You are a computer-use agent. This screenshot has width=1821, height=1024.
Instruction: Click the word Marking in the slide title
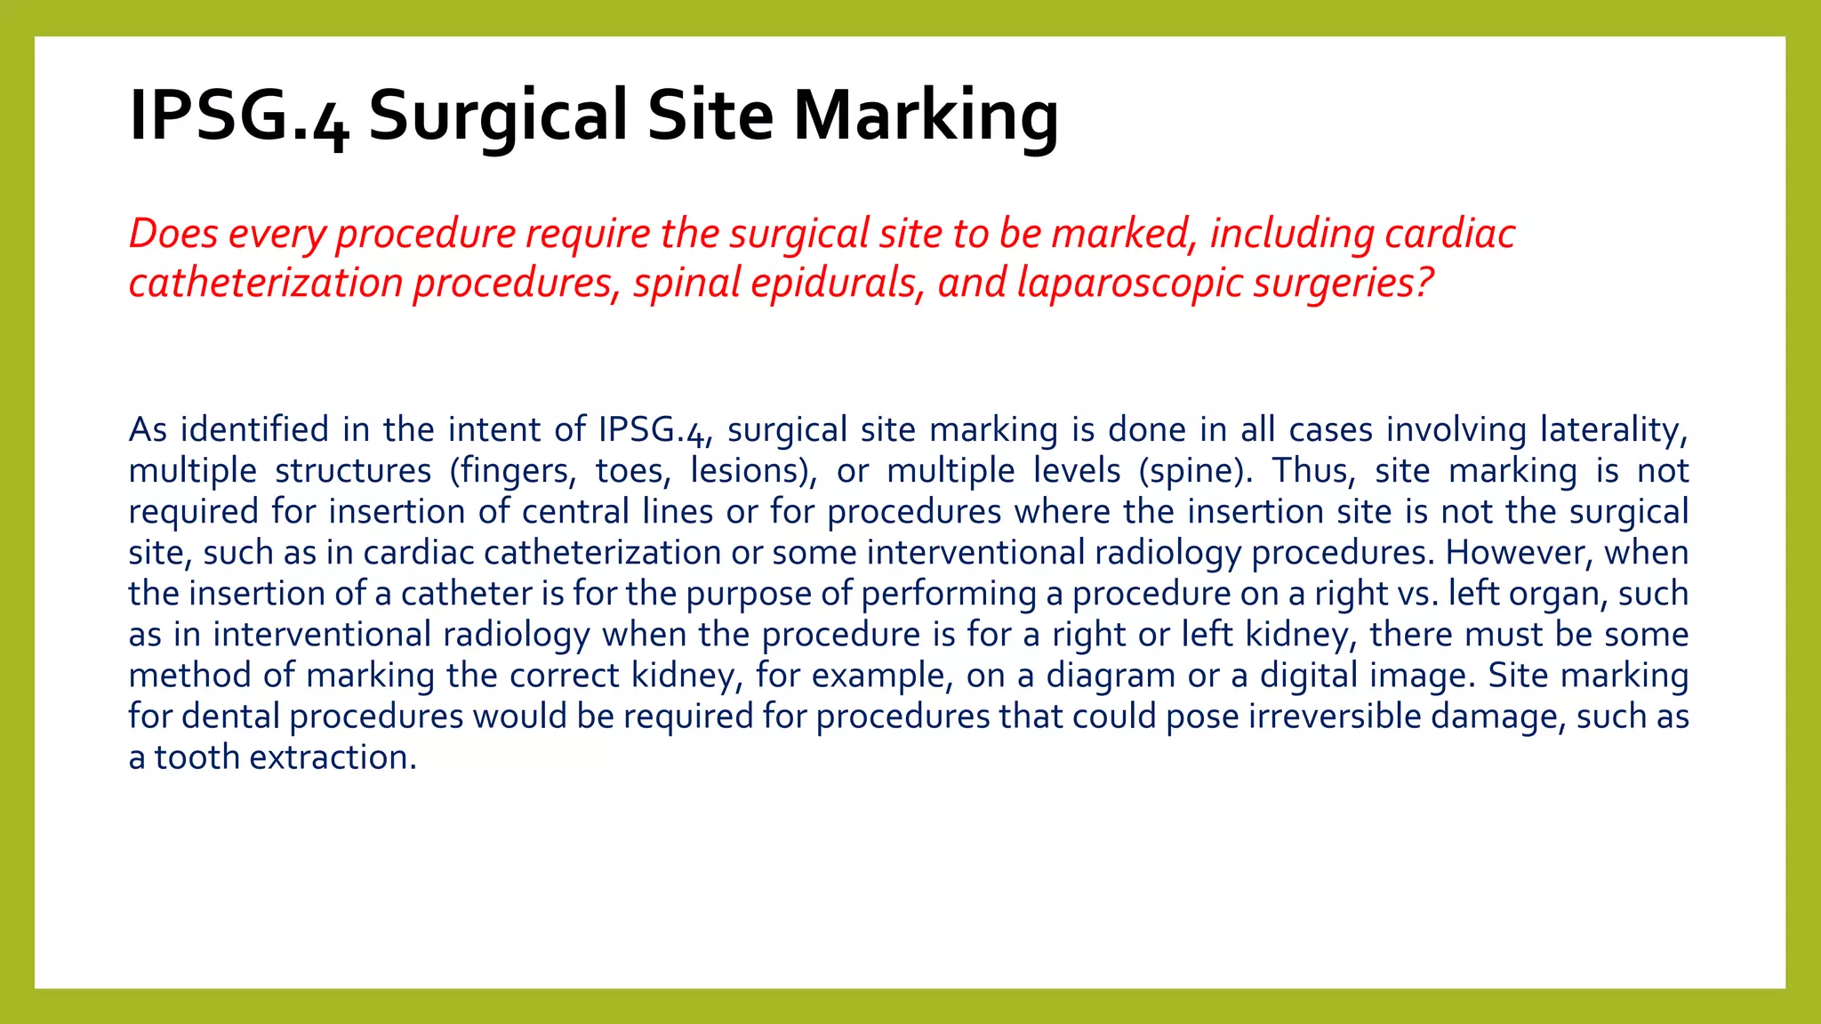tap(926, 116)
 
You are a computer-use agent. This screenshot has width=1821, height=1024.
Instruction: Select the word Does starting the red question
tap(173, 234)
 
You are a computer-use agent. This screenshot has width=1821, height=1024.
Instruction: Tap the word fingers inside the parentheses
tap(513, 471)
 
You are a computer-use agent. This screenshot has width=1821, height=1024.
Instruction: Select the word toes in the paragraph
tap(628, 471)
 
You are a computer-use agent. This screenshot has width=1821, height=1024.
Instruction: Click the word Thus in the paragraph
tap(1312, 471)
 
